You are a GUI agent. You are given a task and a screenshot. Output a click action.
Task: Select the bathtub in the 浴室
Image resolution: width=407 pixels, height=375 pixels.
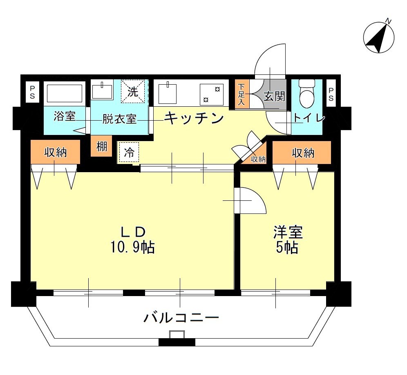(x=65, y=93)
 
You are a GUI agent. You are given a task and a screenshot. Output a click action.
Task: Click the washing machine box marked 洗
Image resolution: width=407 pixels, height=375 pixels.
(x=132, y=92)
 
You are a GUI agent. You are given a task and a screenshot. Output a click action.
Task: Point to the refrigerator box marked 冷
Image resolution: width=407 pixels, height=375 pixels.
(x=129, y=153)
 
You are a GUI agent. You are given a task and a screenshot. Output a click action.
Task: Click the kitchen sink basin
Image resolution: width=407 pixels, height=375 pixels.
(x=168, y=93)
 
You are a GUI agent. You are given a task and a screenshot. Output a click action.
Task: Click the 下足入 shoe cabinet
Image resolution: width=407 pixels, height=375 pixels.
(x=242, y=94)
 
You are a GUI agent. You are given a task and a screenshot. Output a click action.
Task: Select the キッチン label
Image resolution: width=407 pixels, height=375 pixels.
(x=194, y=118)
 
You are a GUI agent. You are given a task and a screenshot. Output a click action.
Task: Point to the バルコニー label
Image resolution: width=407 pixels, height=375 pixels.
(x=181, y=317)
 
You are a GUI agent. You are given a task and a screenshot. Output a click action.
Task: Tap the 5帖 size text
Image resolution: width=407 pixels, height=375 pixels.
(x=287, y=247)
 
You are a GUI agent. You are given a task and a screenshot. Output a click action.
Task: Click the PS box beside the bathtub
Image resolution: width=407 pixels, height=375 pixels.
(x=31, y=92)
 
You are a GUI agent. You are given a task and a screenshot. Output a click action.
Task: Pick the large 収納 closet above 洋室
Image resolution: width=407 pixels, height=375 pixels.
(x=302, y=153)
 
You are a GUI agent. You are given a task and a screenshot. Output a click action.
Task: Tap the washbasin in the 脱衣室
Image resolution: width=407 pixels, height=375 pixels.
(x=102, y=91)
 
